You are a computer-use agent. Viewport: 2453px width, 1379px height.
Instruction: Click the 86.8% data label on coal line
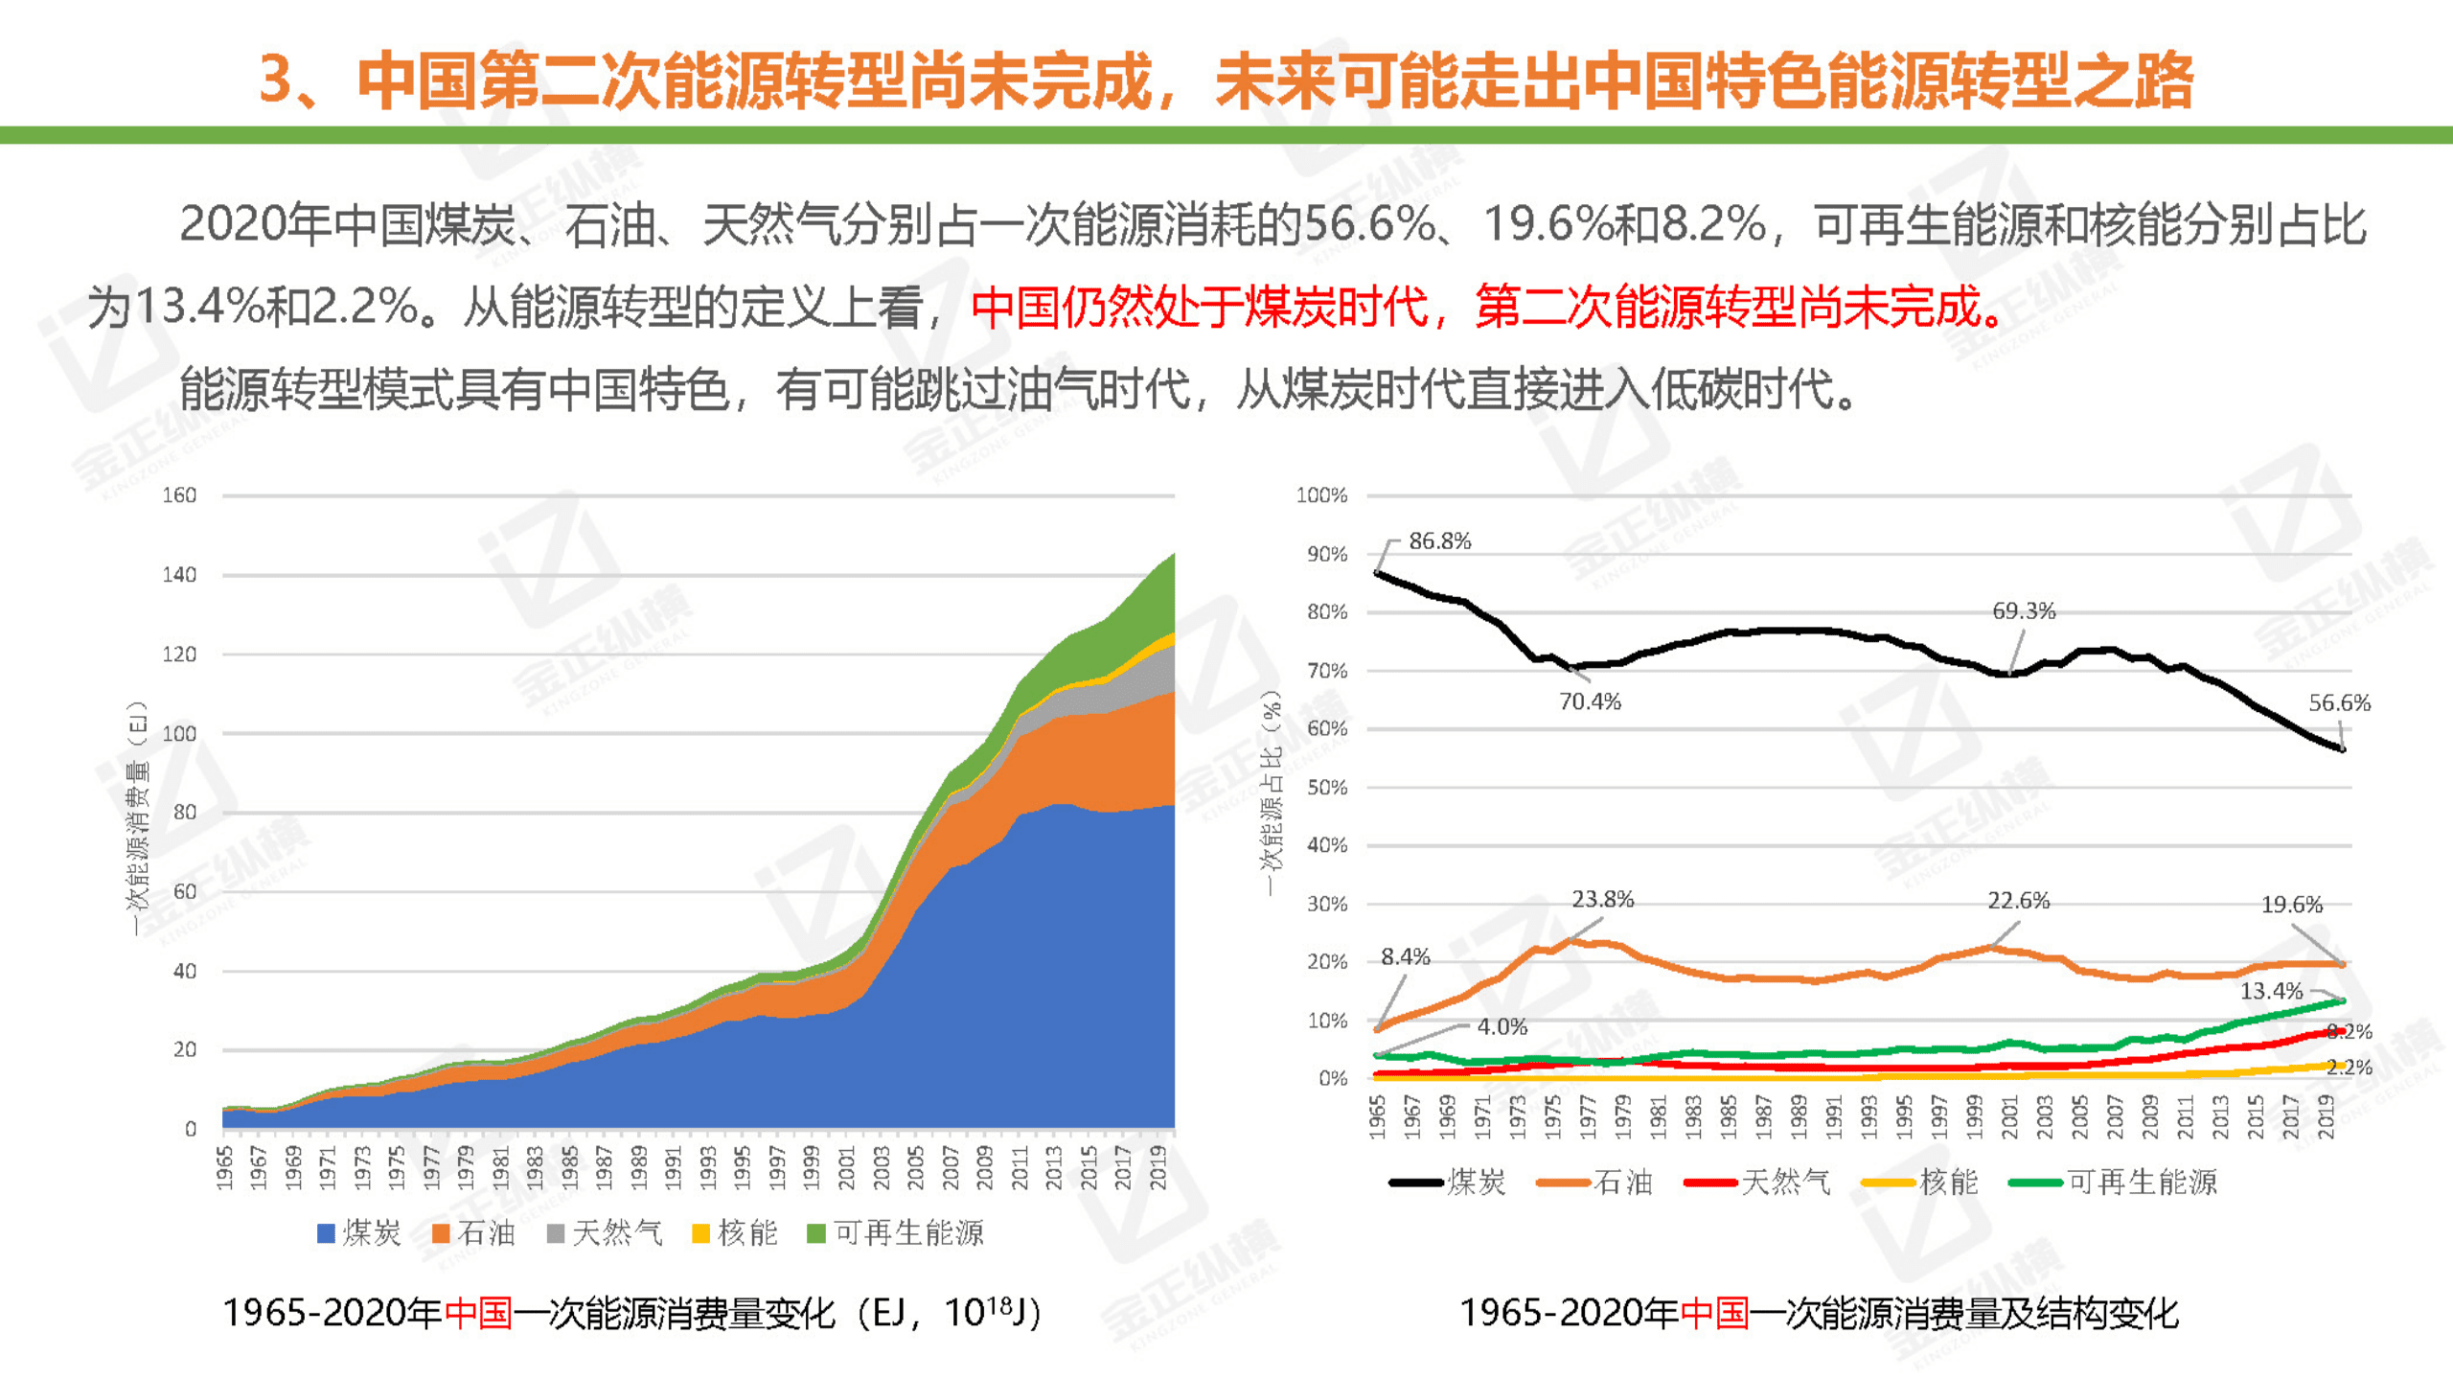click(x=1439, y=541)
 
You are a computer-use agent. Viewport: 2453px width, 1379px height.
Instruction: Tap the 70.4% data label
click(x=1590, y=701)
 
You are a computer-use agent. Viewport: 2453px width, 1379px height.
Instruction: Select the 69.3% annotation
click(x=2024, y=611)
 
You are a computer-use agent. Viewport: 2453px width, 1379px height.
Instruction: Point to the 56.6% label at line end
click(x=2339, y=702)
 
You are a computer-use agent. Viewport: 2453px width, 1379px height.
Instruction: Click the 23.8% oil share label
click(x=1602, y=899)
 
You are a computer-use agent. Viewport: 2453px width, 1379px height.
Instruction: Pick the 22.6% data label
click(x=2018, y=901)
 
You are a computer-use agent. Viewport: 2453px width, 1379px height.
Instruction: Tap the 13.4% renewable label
click(x=2270, y=991)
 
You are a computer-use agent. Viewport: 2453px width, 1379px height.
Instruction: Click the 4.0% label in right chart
click(x=1502, y=1026)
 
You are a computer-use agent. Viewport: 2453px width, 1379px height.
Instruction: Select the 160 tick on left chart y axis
click(x=179, y=495)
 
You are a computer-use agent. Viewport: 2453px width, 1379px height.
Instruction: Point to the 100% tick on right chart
click(x=1321, y=495)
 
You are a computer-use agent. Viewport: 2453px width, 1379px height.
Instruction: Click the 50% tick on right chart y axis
click(x=1327, y=788)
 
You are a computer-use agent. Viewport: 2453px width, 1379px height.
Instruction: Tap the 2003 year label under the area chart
click(x=881, y=1167)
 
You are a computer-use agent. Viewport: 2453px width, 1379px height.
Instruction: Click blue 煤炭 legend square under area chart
click(x=326, y=1233)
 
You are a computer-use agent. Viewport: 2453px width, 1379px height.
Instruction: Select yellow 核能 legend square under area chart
click(x=700, y=1233)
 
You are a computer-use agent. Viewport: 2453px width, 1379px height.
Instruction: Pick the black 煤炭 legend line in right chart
click(x=1415, y=1183)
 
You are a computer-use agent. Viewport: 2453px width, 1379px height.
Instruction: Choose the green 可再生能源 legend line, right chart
click(x=2035, y=1183)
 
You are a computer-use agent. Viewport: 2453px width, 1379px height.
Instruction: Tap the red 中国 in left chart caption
click(x=478, y=1313)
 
